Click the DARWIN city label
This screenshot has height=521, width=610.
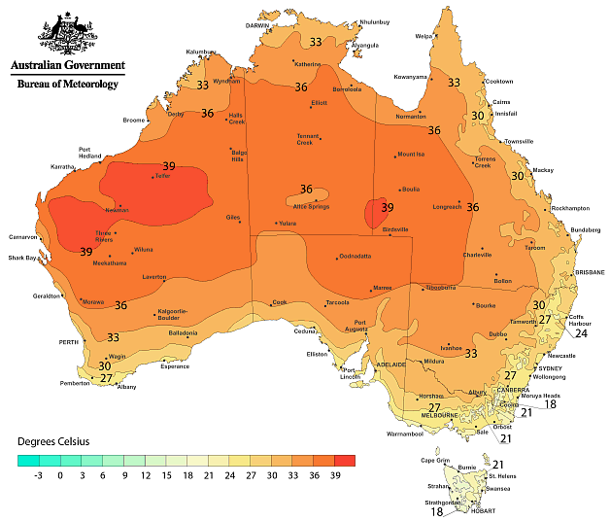coord(257,26)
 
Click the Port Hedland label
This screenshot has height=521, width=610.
coord(91,153)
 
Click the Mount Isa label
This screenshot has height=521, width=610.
coord(411,155)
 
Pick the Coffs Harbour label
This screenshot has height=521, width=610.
coord(581,319)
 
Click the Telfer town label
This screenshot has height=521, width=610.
coord(162,177)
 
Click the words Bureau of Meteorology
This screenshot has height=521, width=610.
coord(68,85)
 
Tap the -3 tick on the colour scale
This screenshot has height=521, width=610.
coord(37,475)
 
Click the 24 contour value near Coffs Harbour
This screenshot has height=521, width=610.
coord(582,333)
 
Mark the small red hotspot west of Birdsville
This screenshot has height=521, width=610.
coord(372,213)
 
